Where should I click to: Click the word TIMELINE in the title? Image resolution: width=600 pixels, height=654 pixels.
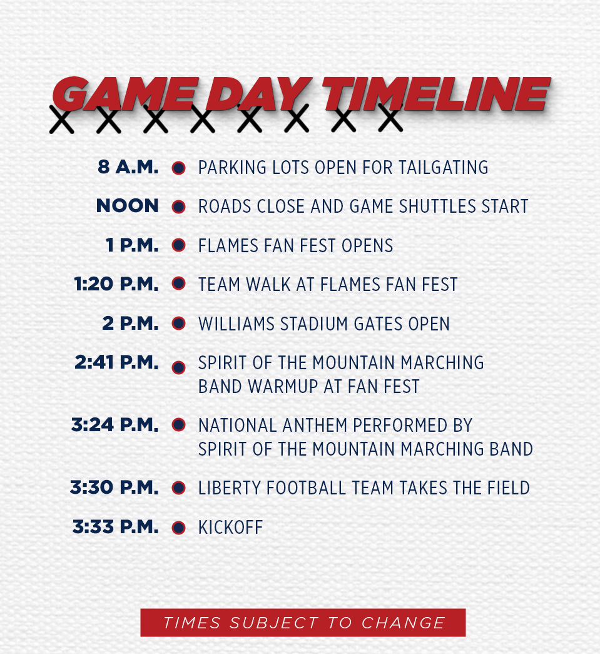pos(436,95)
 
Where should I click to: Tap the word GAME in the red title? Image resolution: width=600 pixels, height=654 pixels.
pos(125,95)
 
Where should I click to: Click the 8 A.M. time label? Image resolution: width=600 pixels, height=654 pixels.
pos(128,167)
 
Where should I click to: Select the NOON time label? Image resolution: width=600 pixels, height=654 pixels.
pos(127,206)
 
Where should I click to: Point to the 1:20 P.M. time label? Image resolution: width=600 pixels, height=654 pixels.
pos(116,284)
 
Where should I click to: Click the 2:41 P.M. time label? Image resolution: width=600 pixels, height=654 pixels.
pos(116,362)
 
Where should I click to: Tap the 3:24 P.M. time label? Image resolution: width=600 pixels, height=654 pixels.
pos(114,424)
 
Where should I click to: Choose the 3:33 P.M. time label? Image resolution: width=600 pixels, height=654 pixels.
pos(116,527)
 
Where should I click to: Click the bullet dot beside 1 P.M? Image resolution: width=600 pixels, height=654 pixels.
pos(178,245)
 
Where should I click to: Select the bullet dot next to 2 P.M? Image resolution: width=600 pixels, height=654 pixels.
pos(178,324)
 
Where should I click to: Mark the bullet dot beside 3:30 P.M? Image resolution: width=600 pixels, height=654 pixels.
pos(178,488)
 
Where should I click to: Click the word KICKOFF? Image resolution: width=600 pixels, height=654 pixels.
pos(231,527)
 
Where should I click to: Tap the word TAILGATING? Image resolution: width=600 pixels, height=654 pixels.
pos(443,167)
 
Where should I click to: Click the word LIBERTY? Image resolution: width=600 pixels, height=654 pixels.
pos(230,488)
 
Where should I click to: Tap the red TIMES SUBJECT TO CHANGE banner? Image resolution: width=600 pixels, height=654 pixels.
pos(303,622)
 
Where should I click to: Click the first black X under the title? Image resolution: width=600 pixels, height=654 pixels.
pos(62,120)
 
